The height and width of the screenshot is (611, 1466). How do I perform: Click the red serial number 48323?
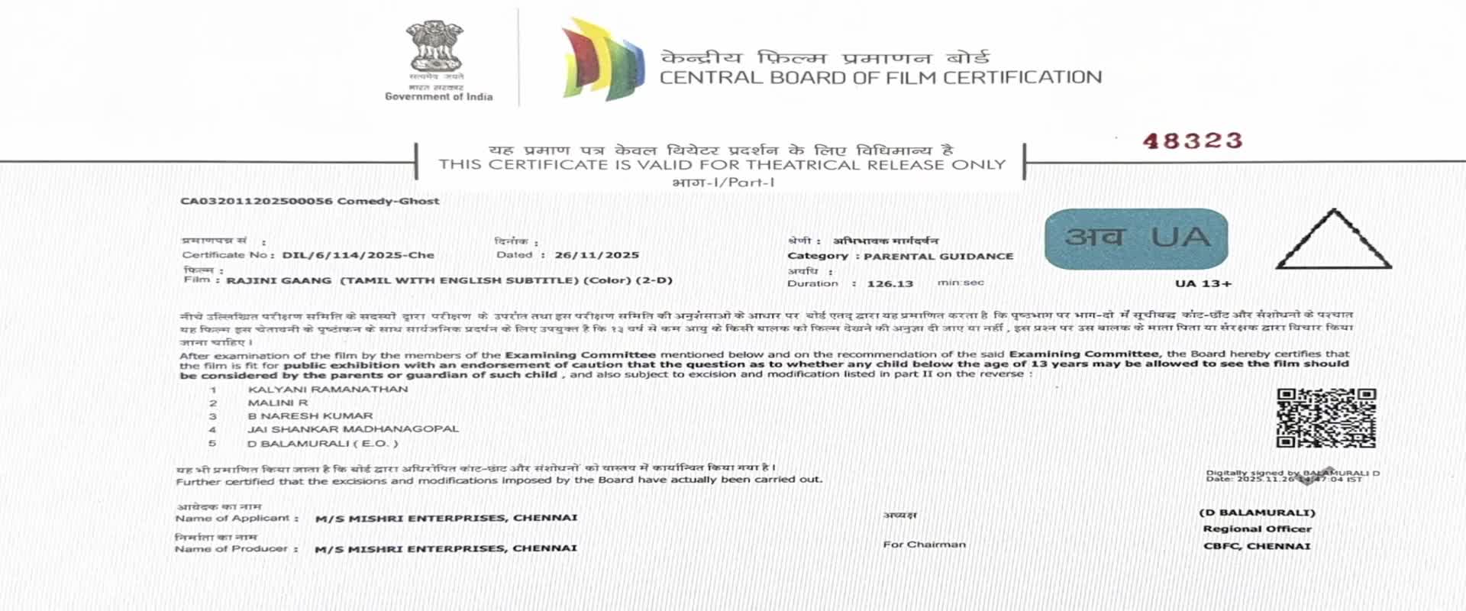coord(1192,141)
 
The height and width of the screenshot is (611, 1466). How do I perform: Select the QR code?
coord(1326,418)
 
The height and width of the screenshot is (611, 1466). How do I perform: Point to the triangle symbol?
coord(1333,242)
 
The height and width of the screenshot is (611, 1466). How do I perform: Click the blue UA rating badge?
coord(1136,238)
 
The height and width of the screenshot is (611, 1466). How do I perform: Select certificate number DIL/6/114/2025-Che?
coord(358,255)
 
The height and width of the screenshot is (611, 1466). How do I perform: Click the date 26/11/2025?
coord(596,255)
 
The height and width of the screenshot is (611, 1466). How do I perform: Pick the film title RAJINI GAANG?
coord(279,280)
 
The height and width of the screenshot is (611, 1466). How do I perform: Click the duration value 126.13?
coord(890,283)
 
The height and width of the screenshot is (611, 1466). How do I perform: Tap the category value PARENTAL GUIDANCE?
coord(938,256)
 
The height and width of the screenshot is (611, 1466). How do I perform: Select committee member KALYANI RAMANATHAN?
coord(328,390)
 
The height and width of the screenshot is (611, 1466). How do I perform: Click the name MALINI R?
coord(278,402)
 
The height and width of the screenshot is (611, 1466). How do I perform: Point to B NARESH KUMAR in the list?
coord(310,416)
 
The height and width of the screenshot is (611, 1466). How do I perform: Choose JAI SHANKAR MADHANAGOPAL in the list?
coord(353,429)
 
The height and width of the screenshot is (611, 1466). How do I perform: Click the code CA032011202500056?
coord(256,201)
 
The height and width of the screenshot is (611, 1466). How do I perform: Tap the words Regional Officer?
coord(1257,529)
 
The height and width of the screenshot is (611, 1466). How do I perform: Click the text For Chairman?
coord(924,545)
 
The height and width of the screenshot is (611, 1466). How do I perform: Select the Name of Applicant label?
coord(232,518)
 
